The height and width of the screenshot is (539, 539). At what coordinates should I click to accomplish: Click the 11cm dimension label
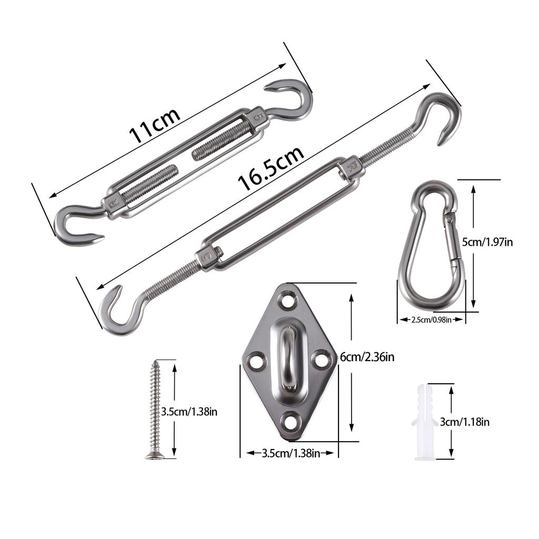tap(154, 125)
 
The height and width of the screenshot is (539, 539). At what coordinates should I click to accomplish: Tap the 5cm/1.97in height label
tap(487, 242)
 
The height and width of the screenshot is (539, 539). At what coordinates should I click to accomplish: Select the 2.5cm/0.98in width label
tap(432, 320)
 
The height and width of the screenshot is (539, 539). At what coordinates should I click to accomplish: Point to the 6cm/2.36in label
tap(367, 357)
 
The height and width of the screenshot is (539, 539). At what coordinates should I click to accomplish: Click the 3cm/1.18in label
tap(465, 422)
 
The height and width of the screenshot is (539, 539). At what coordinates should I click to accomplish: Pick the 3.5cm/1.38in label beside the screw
tap(189, 412)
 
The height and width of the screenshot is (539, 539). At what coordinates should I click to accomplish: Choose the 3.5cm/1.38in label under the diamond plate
tap(291, 453)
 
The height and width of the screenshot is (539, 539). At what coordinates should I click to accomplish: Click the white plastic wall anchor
tap(425, 422)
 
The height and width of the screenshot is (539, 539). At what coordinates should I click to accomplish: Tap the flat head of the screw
tap(154, 456)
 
